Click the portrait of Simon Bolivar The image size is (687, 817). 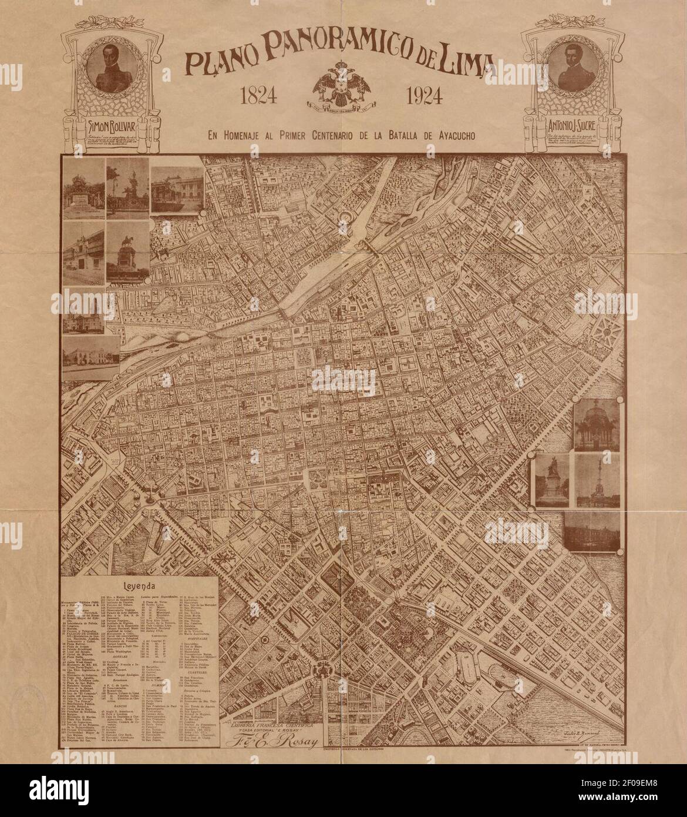pyautogui.click(x=111, y=71)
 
